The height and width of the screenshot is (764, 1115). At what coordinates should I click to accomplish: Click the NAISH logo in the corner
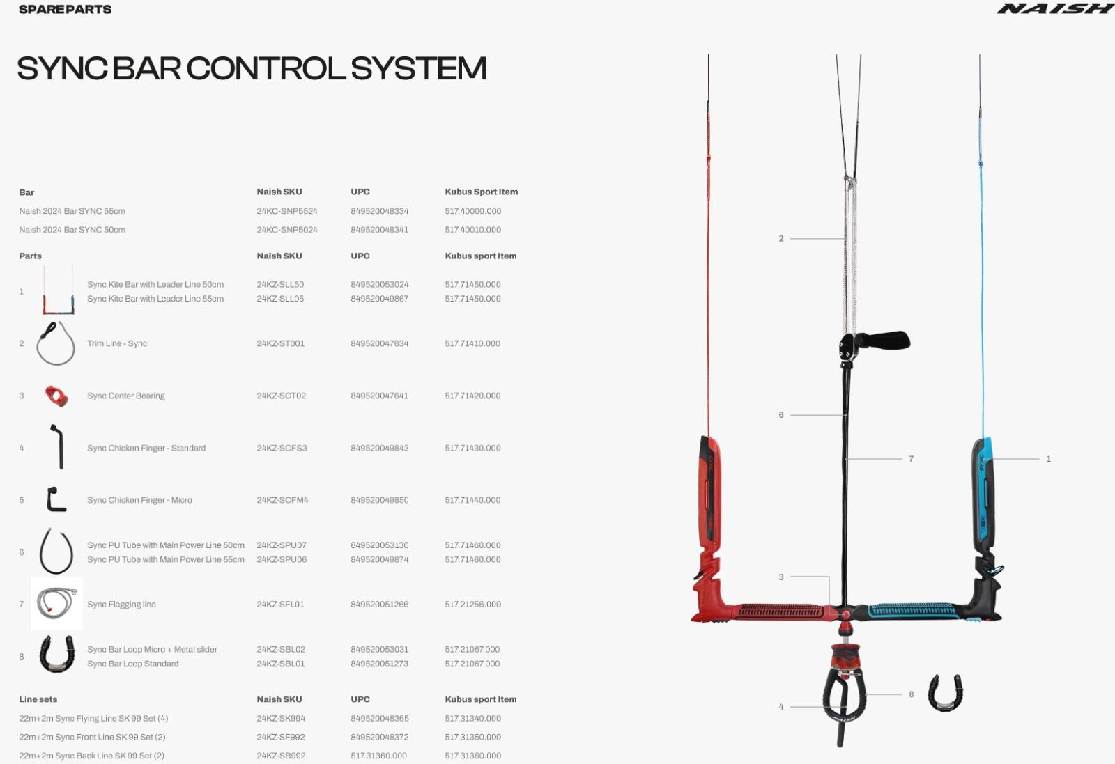1054,9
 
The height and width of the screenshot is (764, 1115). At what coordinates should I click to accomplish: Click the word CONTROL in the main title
266,68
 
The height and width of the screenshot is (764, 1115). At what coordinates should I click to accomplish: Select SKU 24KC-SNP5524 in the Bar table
287,211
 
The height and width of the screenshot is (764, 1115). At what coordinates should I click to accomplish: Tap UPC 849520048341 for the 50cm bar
379,230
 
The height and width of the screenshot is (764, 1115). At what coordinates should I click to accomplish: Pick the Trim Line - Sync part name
117,343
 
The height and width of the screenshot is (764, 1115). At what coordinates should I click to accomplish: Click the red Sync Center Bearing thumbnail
56,396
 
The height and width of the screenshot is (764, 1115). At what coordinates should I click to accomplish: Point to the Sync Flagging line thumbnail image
56,603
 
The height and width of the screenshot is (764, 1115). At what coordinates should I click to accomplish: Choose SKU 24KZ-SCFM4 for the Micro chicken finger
282,500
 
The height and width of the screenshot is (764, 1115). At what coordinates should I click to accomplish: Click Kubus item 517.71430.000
472,448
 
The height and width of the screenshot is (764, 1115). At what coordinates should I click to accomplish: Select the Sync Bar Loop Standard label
133,664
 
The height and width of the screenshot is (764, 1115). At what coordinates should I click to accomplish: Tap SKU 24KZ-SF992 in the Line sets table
281,737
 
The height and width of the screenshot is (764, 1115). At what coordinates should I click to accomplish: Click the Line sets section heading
38,699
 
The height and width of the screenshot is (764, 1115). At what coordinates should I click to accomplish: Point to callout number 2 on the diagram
781,239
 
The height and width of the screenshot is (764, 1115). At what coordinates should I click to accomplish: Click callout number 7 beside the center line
911,458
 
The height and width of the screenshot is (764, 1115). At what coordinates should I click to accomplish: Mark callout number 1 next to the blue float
1048,458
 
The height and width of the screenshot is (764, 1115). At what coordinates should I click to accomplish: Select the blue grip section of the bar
914,611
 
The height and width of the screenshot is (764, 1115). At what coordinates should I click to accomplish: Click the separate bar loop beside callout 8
945,694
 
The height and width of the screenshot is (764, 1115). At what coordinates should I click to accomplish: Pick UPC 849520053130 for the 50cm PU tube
380,545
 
